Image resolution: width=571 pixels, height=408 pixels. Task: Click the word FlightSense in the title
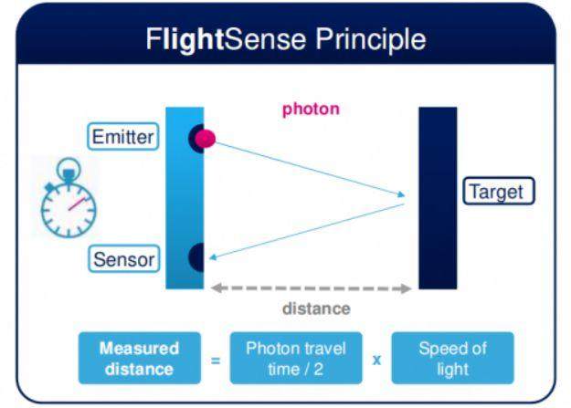coord(226,39)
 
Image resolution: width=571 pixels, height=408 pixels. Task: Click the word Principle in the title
coord(371,39)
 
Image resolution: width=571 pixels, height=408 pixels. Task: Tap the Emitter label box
coord(123,137)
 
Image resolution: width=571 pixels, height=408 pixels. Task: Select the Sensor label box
coord(124,259)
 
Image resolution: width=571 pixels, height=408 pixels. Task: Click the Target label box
coord(499,191)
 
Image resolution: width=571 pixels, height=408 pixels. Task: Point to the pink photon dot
coord(205,139)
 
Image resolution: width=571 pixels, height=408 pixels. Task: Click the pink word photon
coord(311,109)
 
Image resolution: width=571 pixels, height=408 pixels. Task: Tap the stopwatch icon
coord(69,198)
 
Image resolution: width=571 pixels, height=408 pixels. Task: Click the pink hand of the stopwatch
coord(77,204)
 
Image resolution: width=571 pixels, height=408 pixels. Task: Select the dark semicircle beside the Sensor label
coord(197,257)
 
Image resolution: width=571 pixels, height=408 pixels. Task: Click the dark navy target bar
coord(438,198)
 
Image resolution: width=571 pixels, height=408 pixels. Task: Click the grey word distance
coord(316,309)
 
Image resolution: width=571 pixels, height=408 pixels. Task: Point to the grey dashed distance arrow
coord(311,288)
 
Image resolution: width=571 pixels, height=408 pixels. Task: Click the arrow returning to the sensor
coord(307,232)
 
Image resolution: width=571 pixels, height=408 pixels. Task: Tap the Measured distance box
coord(140,358)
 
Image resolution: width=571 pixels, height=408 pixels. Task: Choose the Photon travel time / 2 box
coord(296,358)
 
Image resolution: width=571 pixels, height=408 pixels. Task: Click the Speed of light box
coord(452,358)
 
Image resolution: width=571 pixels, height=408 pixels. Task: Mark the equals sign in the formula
coord(216,361)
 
